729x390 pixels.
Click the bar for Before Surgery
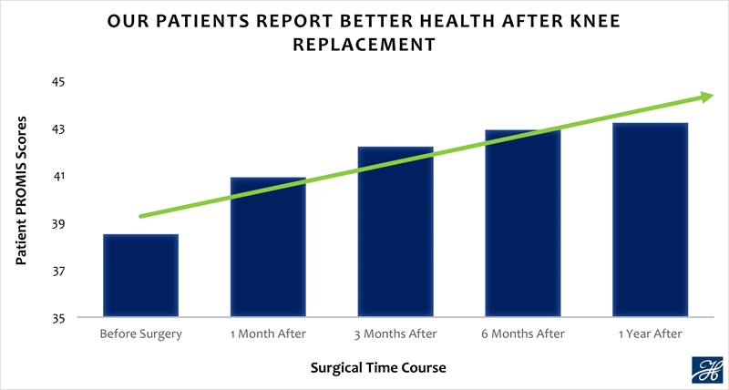140,276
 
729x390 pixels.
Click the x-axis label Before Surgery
140,334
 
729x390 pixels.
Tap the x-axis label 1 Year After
650,334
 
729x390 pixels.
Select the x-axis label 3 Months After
395,334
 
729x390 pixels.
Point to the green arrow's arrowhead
706,96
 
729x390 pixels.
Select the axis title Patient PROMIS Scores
22,191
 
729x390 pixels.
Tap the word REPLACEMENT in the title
364,44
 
